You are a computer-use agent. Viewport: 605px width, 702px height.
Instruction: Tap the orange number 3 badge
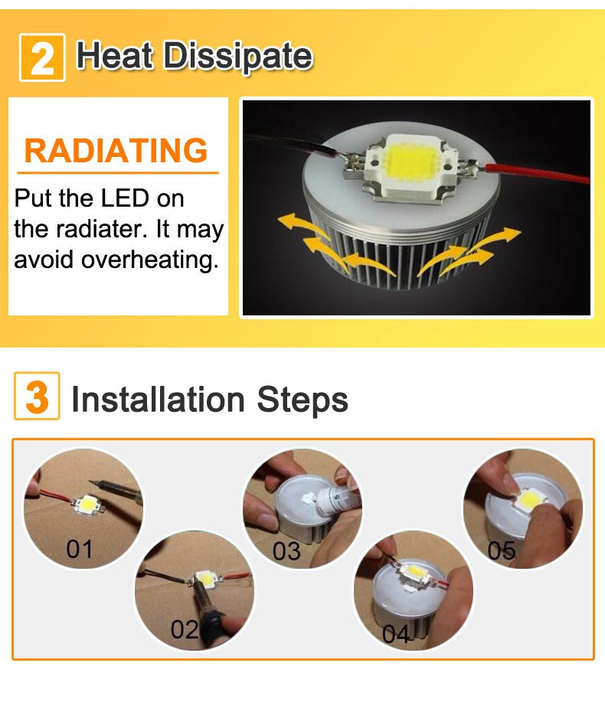point(36,398)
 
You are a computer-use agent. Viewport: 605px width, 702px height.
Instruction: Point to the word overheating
point(150,260)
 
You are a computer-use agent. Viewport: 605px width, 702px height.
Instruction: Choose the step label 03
point(286,550)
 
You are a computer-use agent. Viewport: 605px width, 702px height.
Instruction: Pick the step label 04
point(397,635)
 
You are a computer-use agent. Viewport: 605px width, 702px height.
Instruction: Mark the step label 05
point(502,550)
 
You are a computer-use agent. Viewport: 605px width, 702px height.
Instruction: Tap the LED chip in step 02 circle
point(205,580)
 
